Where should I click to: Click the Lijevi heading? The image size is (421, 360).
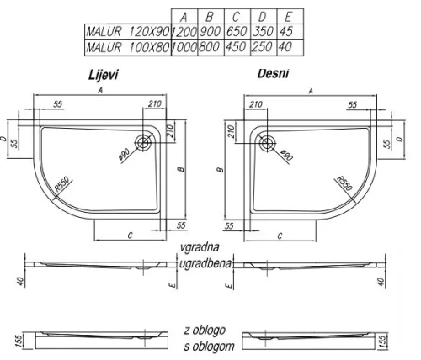103,75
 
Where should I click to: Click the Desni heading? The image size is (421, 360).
273,73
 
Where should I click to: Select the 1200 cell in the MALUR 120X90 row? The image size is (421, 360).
184,32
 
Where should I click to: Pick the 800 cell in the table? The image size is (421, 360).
209,47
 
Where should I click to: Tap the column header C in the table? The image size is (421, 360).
236,17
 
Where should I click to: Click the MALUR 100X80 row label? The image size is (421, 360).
128,47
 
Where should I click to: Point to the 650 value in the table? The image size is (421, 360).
237,31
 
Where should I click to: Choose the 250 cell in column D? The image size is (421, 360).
262,47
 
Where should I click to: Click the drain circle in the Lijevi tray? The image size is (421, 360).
144,143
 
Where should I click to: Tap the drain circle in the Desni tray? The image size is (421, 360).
267,143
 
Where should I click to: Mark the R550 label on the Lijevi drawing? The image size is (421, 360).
61,184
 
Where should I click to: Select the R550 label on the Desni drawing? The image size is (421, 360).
344,183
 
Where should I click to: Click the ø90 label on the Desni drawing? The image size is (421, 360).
286,155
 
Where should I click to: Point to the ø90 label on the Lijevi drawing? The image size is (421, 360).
125,154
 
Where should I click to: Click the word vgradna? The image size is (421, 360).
200,247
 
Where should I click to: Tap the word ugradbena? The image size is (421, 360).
205,263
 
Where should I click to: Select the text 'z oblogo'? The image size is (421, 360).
205,330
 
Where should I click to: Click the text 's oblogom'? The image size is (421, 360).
209,347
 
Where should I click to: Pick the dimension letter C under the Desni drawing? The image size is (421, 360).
280,236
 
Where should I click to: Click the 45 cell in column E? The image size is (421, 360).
286,31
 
